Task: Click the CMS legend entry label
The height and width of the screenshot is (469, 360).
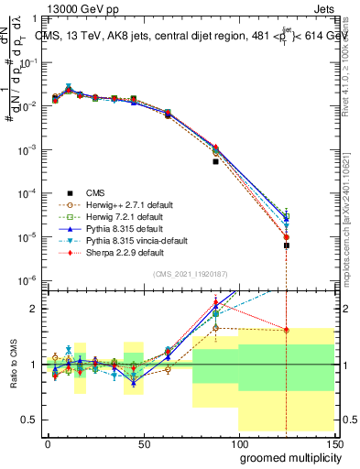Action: click(96, 192)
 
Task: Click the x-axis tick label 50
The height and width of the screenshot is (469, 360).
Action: click(143, 442)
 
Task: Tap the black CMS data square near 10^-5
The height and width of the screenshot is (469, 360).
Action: click(287, 245)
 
